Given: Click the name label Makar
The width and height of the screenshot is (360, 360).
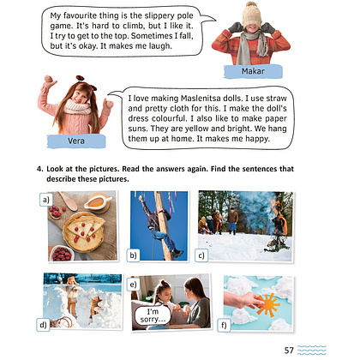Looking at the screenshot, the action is [253, 71].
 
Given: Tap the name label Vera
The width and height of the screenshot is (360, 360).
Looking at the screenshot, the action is [76, 141].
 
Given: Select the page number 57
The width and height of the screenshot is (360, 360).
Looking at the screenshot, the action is [289, 351].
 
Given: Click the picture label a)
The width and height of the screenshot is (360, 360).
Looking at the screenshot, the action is [46, 200].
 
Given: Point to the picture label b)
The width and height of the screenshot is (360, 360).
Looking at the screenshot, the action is [133, 255].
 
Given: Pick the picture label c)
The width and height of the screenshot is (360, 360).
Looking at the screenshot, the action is [201, 255].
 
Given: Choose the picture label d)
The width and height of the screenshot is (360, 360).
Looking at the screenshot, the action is [43, 325].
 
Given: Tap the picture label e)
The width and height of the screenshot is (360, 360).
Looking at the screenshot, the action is [133, 285].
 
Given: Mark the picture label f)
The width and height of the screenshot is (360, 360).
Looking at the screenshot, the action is [224, 326].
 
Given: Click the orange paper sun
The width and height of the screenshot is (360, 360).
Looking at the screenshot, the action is [268, 304].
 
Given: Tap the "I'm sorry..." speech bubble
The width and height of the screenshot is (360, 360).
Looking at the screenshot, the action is [153, 315].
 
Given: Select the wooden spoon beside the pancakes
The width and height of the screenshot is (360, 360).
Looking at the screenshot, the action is [69, 201].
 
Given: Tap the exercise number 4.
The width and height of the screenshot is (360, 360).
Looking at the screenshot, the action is [39, 169].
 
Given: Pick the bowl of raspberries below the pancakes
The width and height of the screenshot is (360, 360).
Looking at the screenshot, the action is [61, 254].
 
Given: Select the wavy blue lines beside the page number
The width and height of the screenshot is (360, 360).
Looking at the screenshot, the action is [311, 351].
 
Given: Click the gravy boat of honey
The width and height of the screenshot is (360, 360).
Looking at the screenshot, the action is [97, 202].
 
